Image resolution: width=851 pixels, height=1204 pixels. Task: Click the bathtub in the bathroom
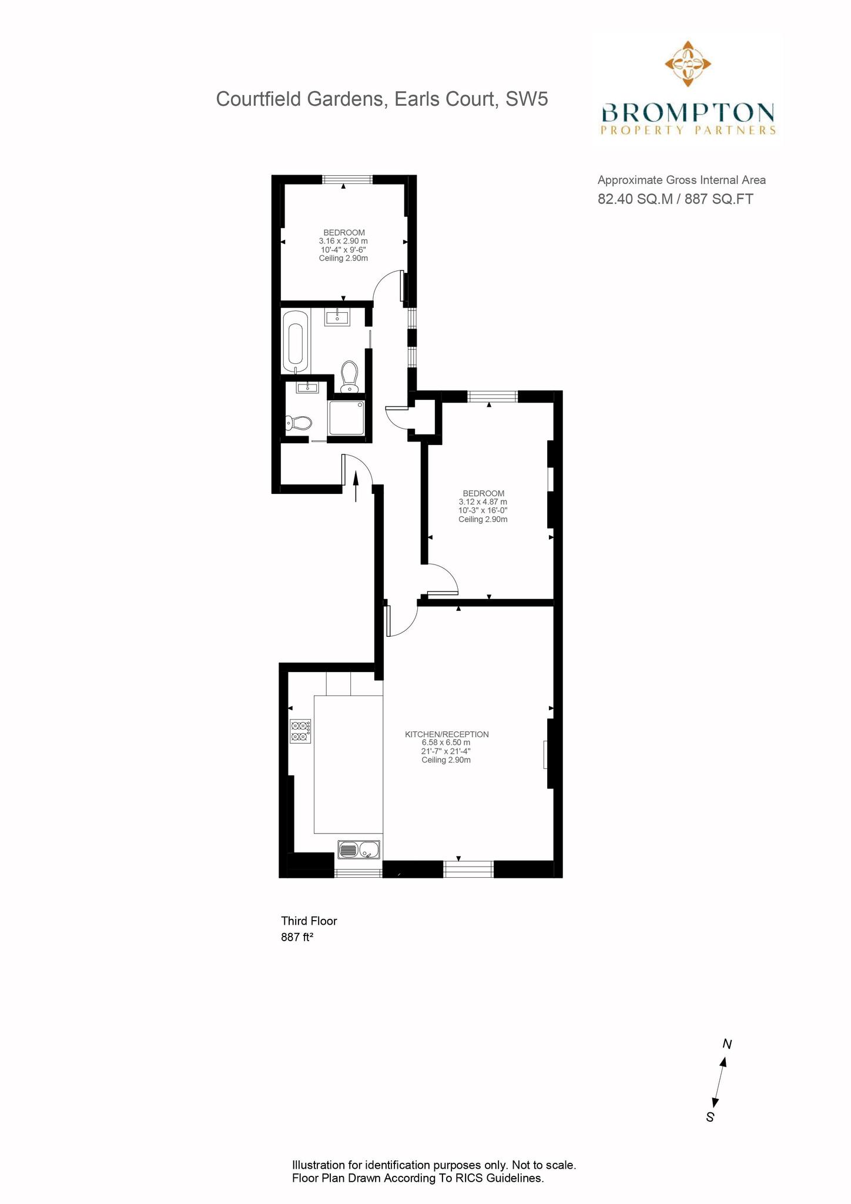tap(294, 340)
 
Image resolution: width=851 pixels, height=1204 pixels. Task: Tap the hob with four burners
tap(300, 731)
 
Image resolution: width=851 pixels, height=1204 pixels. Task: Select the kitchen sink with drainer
tap(360, 849)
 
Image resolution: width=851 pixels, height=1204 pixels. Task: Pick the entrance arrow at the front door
tap(356, 486)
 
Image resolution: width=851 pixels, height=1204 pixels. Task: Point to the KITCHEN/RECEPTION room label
tap(447, 734)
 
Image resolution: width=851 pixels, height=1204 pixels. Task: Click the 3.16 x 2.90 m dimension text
tap(343, 241)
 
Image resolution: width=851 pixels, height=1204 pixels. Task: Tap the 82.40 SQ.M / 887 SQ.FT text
tap(675, 199)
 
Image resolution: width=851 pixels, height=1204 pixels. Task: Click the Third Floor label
tap(309, 921)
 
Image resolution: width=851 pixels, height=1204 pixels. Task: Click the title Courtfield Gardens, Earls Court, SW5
tap(382, 99)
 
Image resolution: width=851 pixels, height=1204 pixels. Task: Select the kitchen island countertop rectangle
tap(349, 764)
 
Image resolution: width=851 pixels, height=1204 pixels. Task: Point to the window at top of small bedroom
tap(347, 179)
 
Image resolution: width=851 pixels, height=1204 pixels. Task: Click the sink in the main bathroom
tap(337, 317)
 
